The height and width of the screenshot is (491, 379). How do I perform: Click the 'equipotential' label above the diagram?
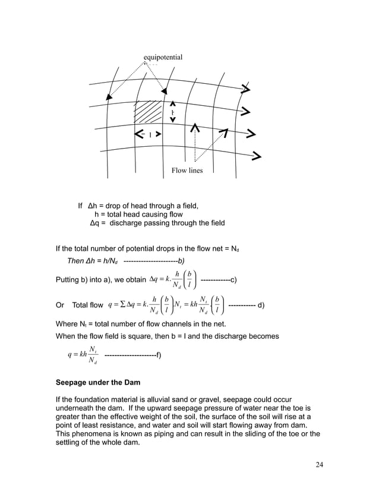tap(163, 57)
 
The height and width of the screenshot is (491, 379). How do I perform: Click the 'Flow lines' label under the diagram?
tap(187, 171)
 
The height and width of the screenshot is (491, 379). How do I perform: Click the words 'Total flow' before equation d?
tap(87, 305)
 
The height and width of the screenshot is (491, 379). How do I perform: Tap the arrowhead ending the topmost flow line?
tap(245, 90)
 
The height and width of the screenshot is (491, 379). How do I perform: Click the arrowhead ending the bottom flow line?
tap(256, 158)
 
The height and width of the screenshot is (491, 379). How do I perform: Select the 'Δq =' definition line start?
tap(99, 224)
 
